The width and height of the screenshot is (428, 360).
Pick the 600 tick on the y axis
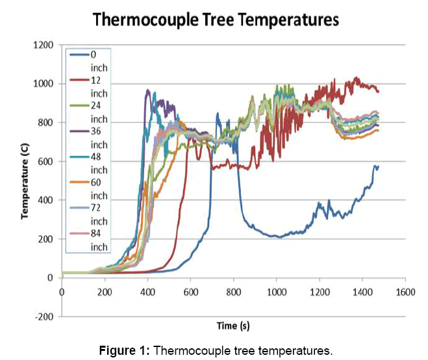click(45, 161)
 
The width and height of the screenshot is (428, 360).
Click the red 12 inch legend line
click(78, 84)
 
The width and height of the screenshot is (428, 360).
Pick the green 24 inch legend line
click(78, 114)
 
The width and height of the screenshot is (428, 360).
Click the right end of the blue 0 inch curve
click(377, 167)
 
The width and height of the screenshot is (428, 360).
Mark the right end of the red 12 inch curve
click(378, 91)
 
